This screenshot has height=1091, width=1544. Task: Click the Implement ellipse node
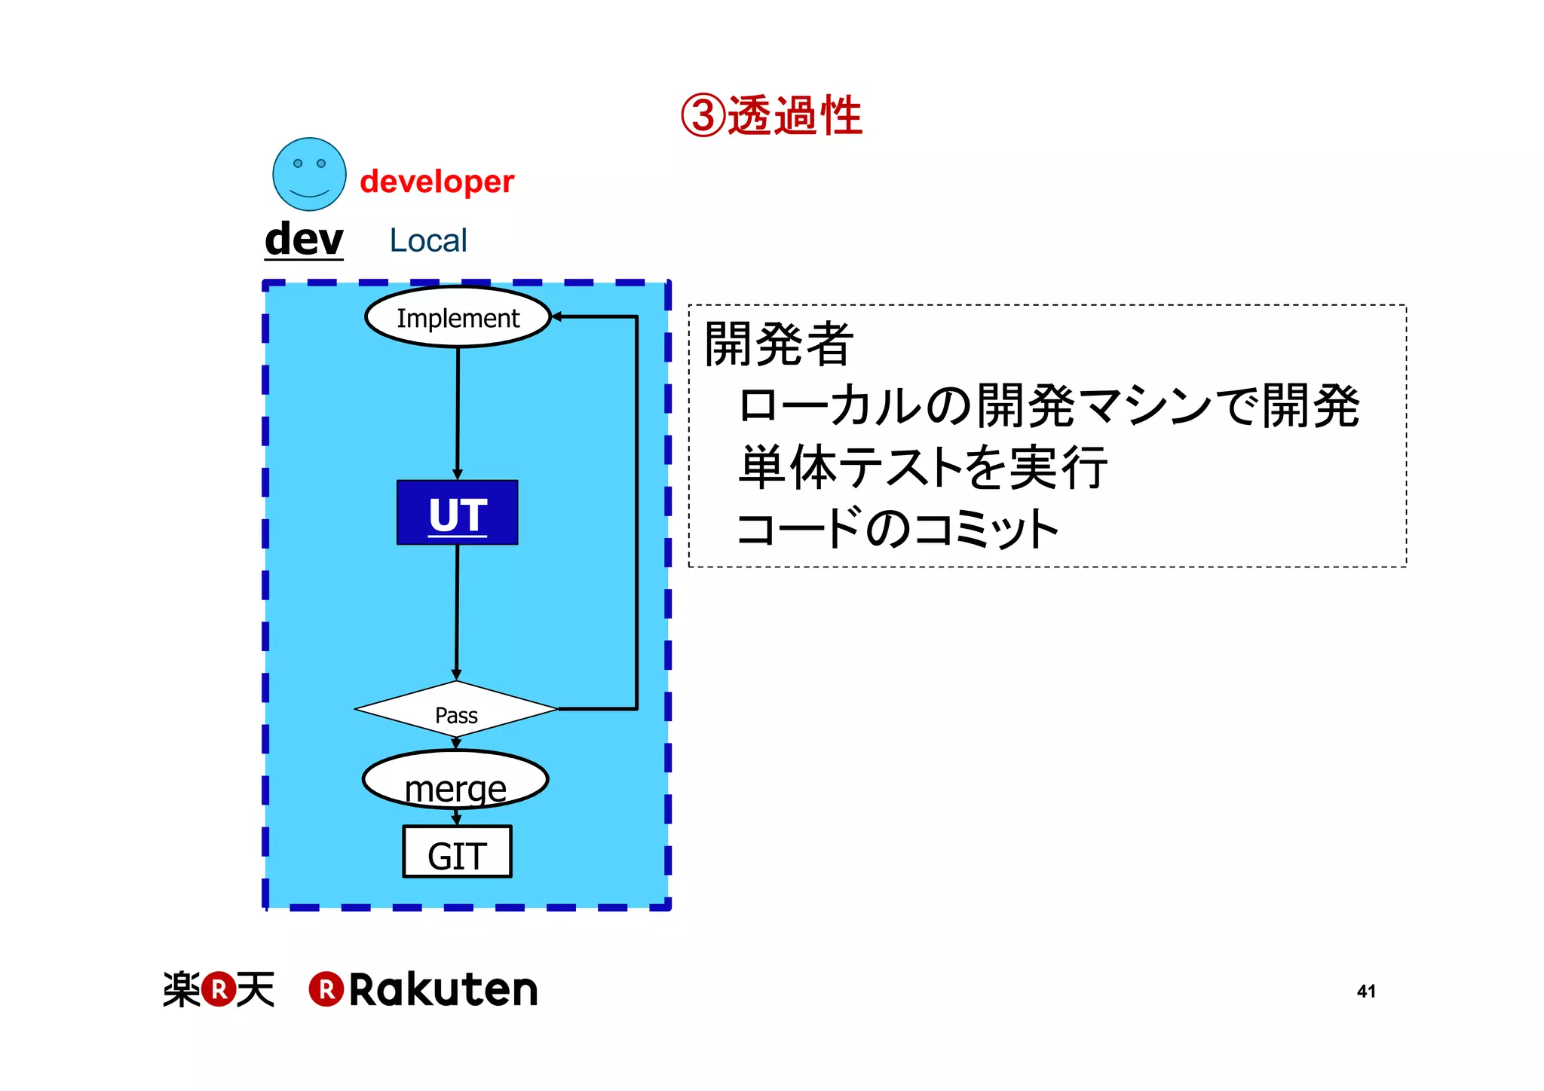coord(458,317)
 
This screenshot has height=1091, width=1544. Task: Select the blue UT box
coord(457,512)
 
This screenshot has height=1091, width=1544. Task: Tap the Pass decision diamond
coord(456,710)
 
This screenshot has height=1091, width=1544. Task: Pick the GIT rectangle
coord(457,852)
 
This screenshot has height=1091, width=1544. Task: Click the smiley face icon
coord(309,174)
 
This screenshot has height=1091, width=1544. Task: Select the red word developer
coord(437,182)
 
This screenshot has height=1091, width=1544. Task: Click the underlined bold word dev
coord(304,240)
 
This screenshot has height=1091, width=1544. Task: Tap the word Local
coord(428,240)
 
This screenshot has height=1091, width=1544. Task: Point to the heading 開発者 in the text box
coord(778,344)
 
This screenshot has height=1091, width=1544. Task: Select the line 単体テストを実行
coord(922,466)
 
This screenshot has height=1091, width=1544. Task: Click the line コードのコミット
coord(898,528)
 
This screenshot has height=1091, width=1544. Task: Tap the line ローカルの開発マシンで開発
coord(1048,405)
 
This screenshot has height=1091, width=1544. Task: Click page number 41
coord(1366,991)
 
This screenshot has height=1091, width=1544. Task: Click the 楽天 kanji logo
coord(219,989)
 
